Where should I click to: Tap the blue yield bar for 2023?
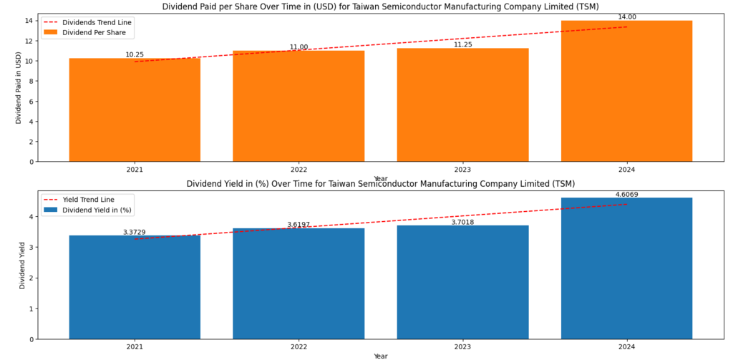462,282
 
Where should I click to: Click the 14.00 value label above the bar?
626,16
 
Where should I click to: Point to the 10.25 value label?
135,54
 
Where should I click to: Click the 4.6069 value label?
626,194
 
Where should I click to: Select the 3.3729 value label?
135,232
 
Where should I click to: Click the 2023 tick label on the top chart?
462,170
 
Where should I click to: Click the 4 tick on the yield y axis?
31,216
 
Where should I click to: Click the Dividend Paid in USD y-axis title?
19,87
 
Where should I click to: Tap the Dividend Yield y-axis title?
21,265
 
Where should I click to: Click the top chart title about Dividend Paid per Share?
380,6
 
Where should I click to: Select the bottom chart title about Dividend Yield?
380,184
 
